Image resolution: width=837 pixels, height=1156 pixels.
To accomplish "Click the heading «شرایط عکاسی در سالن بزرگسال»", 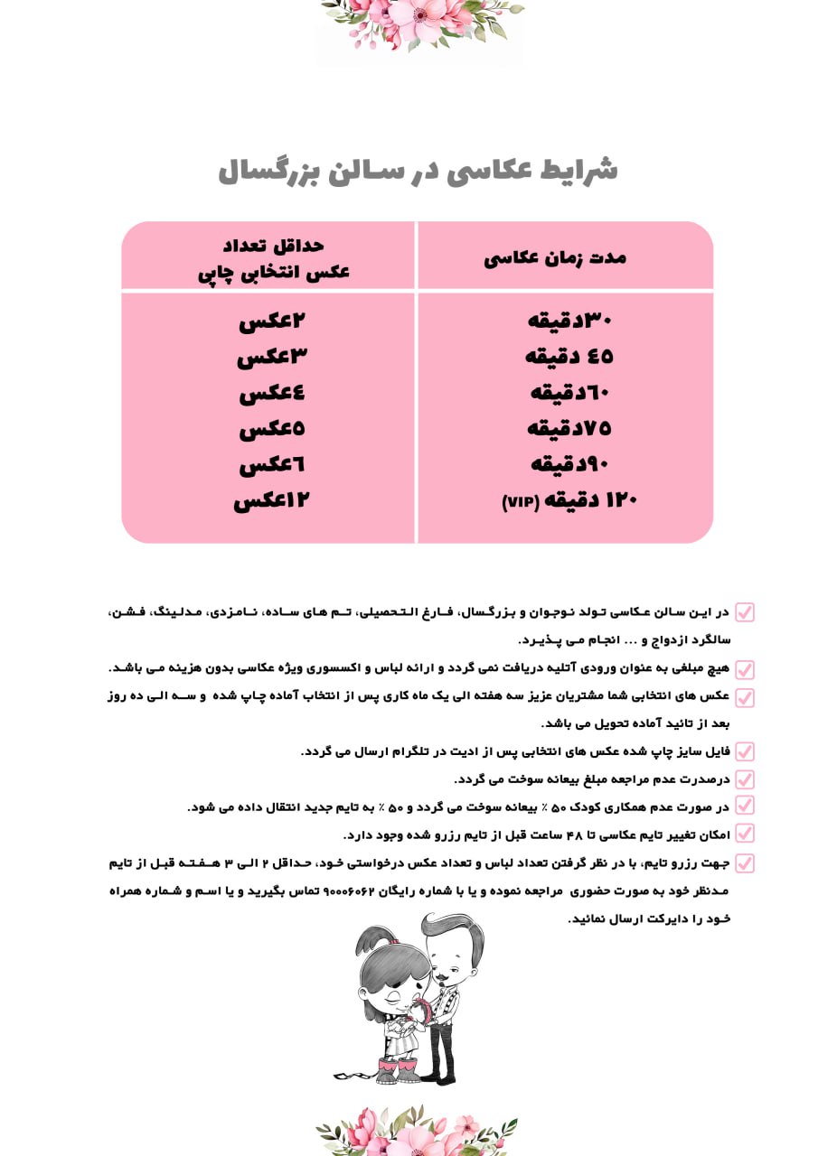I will pos(418,171).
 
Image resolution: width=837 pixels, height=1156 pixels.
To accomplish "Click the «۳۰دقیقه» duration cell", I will pos(569,321).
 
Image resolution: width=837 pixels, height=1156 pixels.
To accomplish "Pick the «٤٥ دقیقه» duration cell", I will pos(569,357).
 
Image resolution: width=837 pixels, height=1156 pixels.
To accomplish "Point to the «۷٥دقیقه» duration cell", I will pos(569,428).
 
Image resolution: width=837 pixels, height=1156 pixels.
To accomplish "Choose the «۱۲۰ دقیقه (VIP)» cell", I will pos(569,500).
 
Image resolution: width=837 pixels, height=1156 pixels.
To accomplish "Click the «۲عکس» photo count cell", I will pos(273,321).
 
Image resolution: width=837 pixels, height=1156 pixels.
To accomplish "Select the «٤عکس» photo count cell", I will pos(273,394).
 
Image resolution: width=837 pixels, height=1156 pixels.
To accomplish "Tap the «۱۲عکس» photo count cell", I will pos(272,500).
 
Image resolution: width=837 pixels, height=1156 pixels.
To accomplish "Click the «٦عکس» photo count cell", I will pos(273,466).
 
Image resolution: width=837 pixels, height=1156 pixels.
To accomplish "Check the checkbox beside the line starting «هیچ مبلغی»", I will pos(745,670).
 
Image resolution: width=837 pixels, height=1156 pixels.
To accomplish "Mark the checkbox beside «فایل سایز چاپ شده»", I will pos(745,751).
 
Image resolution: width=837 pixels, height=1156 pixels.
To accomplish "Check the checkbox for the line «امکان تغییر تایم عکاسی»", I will pos(745,834).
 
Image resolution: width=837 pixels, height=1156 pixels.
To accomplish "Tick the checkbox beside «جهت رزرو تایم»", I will pos(745,863).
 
